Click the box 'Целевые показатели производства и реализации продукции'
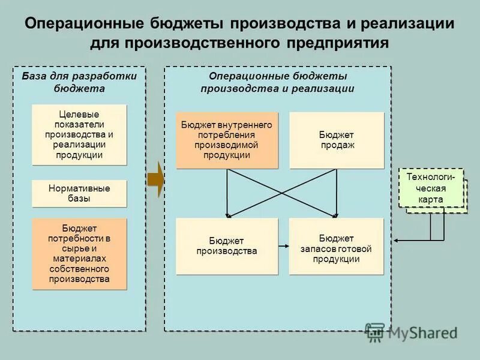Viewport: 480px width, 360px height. [x=79, y=134]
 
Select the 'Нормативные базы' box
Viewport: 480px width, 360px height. [x=79, y=193]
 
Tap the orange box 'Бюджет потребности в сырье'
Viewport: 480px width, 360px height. [x=79, y=254]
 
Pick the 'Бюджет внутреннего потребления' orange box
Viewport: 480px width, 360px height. [x=227, y=140]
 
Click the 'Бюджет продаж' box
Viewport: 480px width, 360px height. [x=337, y=140]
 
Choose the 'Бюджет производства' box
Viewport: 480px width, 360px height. [x=227, y=246]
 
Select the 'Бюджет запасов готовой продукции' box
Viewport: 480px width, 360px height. [x=336, y=246]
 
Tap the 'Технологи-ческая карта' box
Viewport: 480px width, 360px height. [x=431, y=188]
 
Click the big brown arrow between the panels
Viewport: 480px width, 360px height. [x=155, y=179]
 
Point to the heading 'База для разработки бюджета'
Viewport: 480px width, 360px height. [x=79, y=82]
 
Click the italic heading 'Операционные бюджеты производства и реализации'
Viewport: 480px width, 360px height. [x=277, y=82]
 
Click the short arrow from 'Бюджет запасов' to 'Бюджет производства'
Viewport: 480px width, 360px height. [x=283, y=246]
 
